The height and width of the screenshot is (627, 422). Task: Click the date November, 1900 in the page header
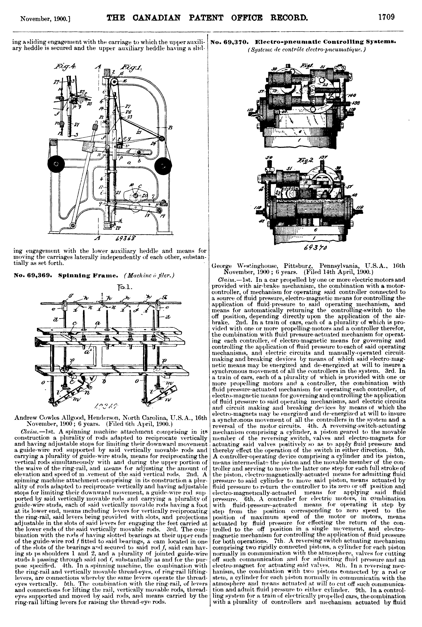(x=45, y=19)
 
